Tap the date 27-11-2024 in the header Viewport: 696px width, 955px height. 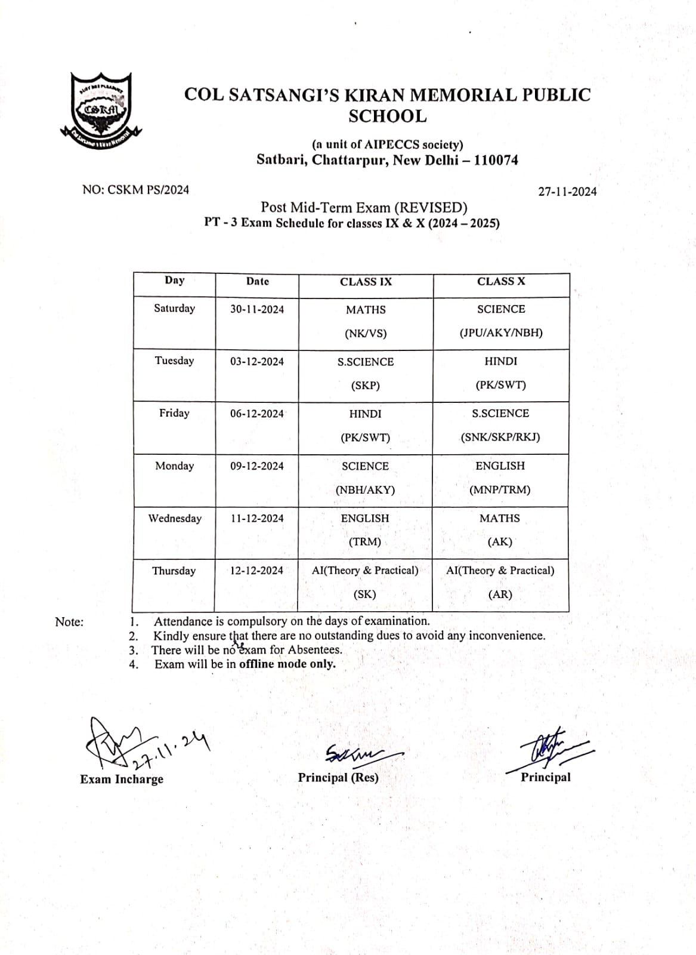pyautogui.click(x=567, y=192)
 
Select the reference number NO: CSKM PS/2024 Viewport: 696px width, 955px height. pyautogui.click(x=135, y=190)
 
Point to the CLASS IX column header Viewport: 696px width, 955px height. pyautogui.click(x=366, y=282)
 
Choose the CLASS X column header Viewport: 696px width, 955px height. pyautogui.click(x=501, y=281)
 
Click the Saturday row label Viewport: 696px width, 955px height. pyautogui.click(x=174, y=308)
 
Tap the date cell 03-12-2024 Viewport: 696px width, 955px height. pyautogui.click(x=257, y=361)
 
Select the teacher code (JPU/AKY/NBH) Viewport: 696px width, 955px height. pyautogui.click(x=501, y=332)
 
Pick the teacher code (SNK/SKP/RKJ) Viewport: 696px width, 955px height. pyautogui.click(x=500, y=437)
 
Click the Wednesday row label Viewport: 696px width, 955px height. pyautogui.click(x=175, y=518)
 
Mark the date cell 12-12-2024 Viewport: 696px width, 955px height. pyautogui.click(x=257, y=571)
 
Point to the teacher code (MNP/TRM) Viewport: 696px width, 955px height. pyautogui.click(x=500, y=489)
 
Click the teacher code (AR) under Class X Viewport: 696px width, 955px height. pyautogui.click(x=500, y=594)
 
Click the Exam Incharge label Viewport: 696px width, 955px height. pyautogui.click(x=122, y=779)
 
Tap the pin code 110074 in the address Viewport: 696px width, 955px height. pyautogui.click(x=496, y=160)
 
